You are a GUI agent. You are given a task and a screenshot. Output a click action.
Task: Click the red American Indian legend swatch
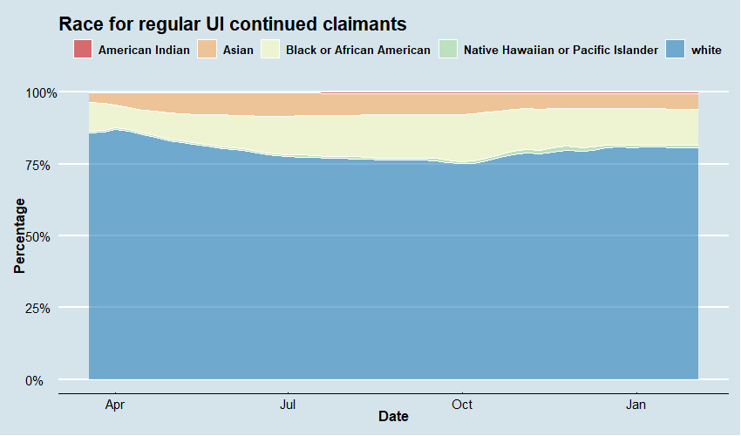(x=83, y=50)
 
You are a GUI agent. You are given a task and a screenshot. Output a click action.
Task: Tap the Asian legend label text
(x=238, y=50)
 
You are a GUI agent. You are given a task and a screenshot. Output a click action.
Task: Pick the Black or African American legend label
(x=357, y=50)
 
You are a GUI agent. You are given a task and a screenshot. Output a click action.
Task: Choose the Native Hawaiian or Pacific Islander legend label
(x=561, y=50)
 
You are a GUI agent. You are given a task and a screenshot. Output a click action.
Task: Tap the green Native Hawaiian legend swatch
(x=448, y=50)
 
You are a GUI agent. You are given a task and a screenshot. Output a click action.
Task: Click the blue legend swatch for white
(x=676, y=50)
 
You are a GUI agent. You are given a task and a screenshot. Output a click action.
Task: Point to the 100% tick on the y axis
(x=40, y=92)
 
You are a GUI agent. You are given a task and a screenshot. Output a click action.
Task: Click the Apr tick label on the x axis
(x=115, y=405)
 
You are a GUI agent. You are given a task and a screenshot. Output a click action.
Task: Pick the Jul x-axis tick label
(x=287, y=405)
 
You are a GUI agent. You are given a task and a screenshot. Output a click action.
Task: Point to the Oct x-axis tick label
(x=462, y=405)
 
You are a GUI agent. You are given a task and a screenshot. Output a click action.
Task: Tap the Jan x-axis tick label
(x=636, y=405)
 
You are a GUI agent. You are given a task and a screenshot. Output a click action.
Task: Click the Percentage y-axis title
(x=19, y=235)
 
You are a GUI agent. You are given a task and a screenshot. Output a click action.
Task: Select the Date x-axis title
(x=393, y=418)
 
